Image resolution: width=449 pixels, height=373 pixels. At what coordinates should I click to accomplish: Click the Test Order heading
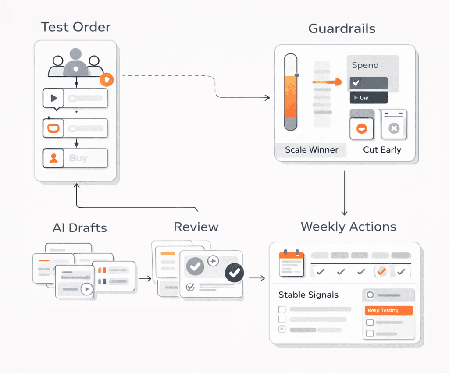tap(75, 27)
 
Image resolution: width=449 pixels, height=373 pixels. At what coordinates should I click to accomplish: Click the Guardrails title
tap(342, 29)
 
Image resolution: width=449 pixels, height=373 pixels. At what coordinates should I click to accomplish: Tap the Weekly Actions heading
tap(348, 227)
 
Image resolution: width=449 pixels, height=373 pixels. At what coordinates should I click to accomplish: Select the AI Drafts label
tap(79, 228)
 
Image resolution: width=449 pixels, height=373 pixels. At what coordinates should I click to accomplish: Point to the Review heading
tap(196, 227)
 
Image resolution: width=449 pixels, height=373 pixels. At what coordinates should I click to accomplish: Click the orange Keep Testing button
tap(388, 310)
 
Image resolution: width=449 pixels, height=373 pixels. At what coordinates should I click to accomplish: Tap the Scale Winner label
tap(311, 150)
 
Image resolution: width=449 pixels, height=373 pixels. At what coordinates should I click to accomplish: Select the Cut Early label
tap(382, 150)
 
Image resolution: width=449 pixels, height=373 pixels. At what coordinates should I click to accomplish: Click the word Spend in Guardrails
tap(365, 65)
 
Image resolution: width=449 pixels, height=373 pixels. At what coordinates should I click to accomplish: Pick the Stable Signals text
tap(308, 295)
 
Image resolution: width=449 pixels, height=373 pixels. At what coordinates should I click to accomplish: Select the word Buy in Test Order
tap(78, 158)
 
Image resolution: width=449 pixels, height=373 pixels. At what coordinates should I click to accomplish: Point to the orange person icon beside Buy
tap(53, 158)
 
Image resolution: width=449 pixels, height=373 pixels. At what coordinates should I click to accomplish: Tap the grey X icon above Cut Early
tap(394, 128)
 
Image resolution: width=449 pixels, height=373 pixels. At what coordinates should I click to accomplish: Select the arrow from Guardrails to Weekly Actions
tap(344, 193)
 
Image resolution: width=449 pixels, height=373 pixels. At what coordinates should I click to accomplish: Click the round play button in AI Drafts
tap(87, 289)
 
